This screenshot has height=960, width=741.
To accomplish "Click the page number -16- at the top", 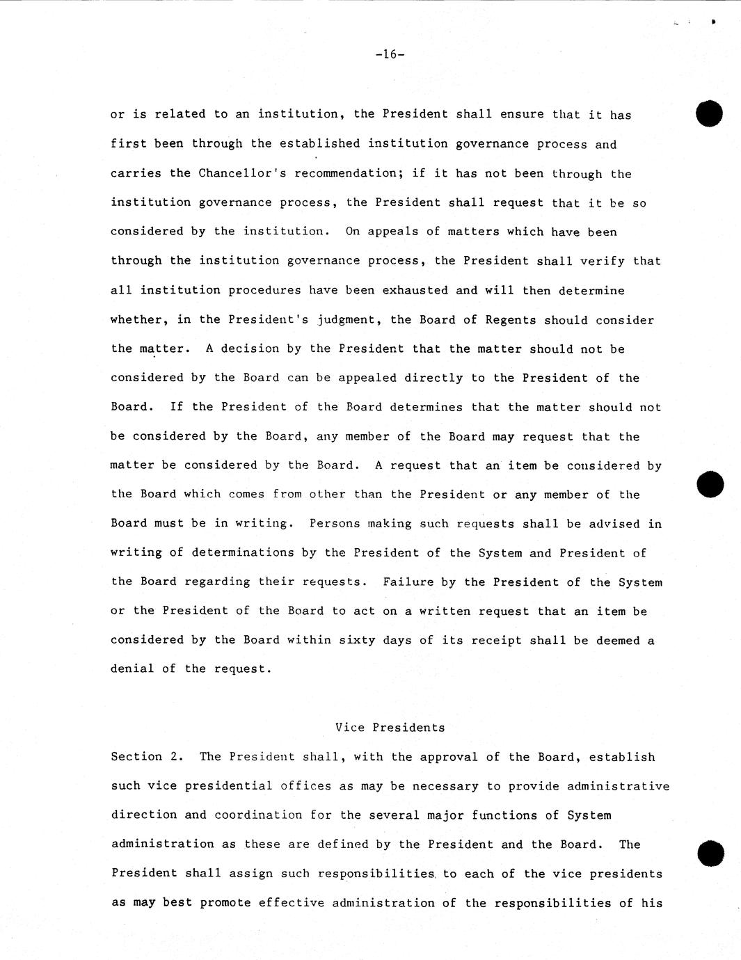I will click(x=389, y=54).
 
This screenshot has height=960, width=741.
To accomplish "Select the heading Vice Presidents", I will click(x=390, y=728).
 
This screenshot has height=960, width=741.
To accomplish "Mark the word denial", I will click(x=132, y=669).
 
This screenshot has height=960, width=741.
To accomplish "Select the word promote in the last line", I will click(x=225, y=902).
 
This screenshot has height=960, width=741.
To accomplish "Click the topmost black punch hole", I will click(x=709, y=114).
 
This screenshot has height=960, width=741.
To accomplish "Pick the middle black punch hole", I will click(x=710, y=484).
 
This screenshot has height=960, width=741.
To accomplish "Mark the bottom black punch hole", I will click(x=710, y=853).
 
